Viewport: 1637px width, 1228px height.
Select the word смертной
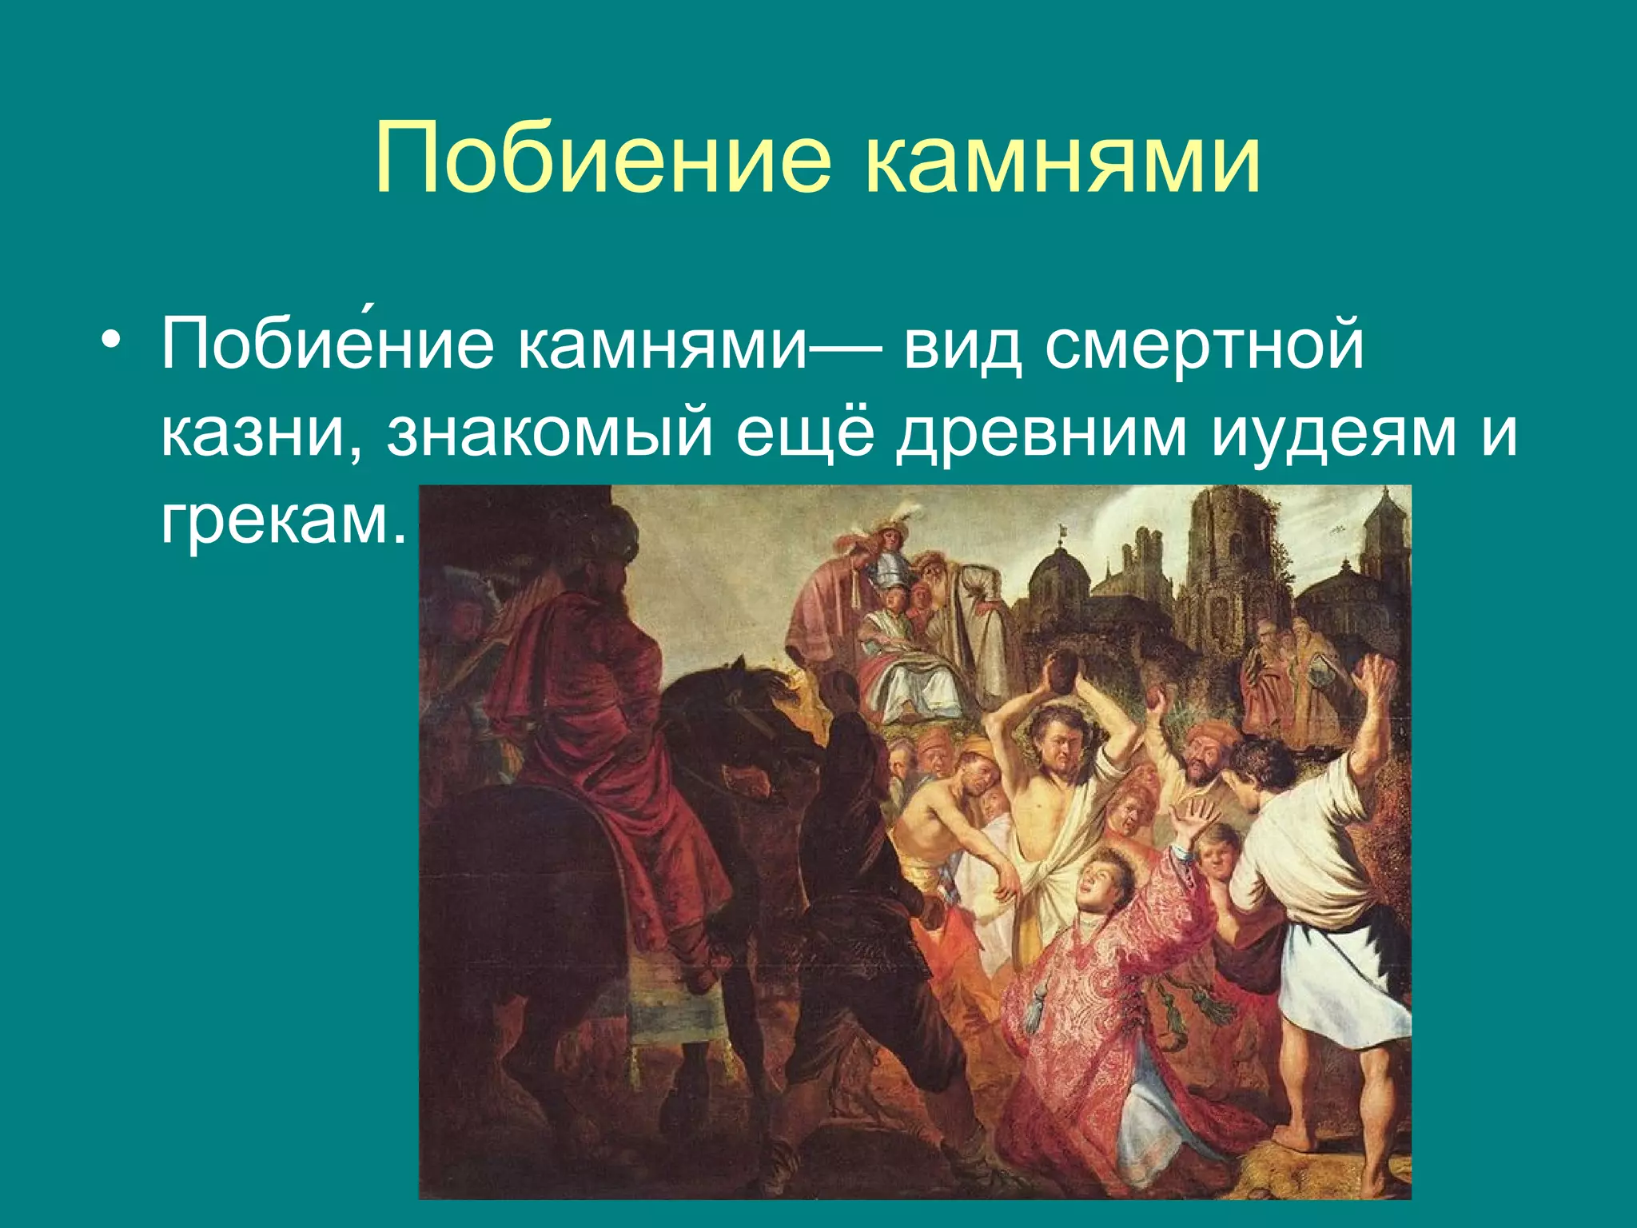tap(1205, 346)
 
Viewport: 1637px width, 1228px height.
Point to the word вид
tap(962, 346)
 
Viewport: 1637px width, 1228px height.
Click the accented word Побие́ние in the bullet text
tap(327, 346)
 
